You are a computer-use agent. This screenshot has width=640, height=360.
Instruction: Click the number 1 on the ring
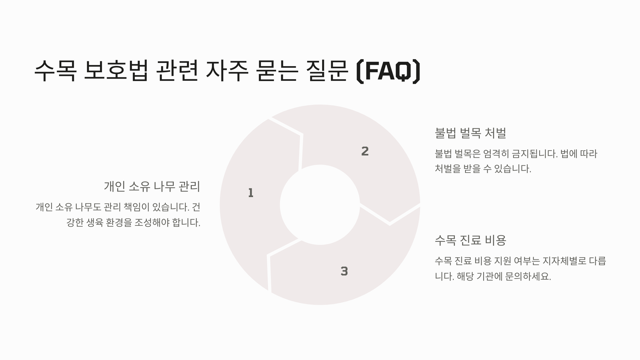(x=251, y=193)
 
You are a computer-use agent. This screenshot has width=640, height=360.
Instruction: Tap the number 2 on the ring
(x=365, y=151)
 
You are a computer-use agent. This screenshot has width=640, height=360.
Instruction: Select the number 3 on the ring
(x=344, y=271)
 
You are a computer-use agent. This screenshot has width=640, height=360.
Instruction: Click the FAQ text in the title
(x=388, y=71)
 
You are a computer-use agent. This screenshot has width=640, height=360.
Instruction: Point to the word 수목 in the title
(x=55, y=71)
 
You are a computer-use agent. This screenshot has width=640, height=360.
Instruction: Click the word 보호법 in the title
(x=116, y=71)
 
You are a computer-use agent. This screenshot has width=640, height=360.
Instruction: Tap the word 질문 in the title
(x=327, y=71)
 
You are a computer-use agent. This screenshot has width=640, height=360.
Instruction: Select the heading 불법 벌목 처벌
(x=470, y=133)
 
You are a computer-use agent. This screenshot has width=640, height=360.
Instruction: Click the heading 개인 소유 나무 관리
(x=152, y=186)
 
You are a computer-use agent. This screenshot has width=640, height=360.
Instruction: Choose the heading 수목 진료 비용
(x=470, y=240)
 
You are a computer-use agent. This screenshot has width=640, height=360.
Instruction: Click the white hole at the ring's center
(x=320, y=205)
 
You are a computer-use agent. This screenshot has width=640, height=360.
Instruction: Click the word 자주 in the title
(x=227, y=71)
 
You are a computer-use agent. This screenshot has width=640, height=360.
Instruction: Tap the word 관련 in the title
(x=177, y=71)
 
